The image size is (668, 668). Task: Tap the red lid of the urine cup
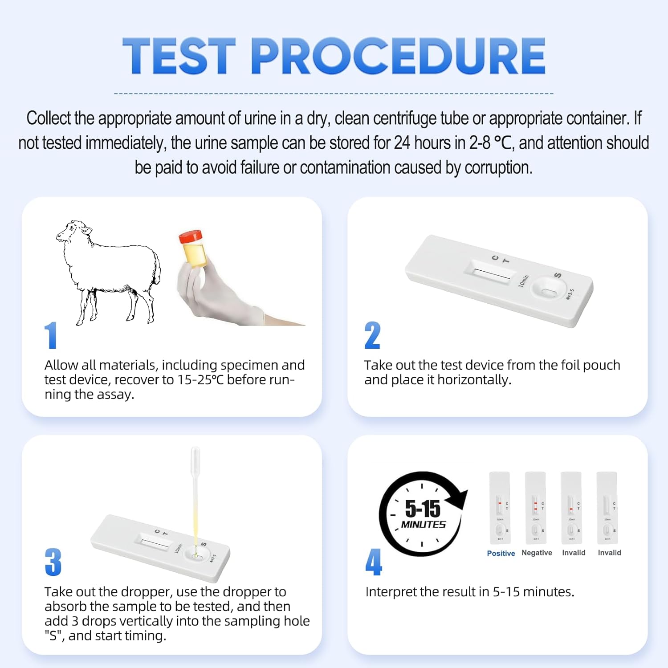191,236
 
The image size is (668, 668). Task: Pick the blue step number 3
53,562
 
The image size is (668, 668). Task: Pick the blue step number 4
374,562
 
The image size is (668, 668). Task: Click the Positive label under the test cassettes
501,553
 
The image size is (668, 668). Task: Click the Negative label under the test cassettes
537,553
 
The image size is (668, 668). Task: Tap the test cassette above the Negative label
535,508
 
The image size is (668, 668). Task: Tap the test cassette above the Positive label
500,508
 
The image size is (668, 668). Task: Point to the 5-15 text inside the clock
422,509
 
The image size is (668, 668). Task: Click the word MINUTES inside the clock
423,525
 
